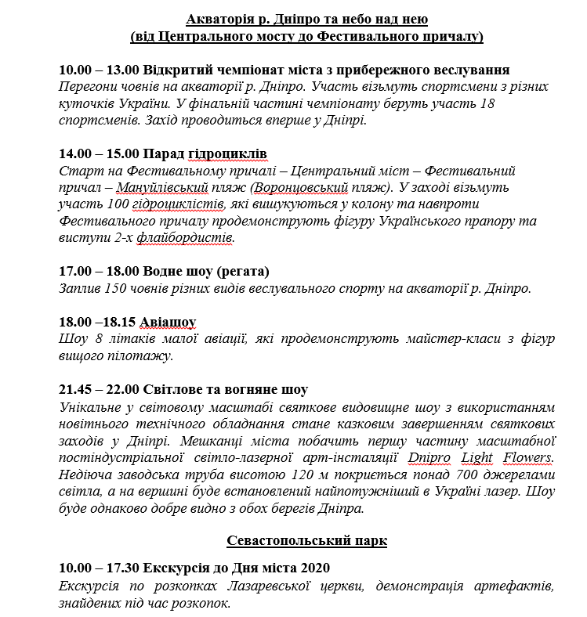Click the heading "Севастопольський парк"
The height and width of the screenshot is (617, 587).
(x=306, y=541)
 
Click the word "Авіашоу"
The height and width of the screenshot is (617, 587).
(x=167, y=322)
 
